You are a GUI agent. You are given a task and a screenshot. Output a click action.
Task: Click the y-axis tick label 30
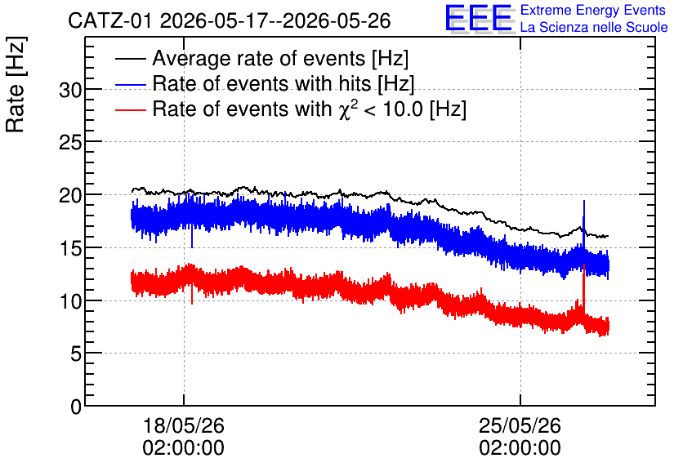tap(70, 91)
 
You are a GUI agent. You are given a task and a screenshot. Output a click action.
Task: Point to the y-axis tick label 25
tap(70, 143)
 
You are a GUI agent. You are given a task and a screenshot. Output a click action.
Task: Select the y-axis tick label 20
tap(70, 196)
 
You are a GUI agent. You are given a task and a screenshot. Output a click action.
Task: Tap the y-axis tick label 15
tap(70, 248)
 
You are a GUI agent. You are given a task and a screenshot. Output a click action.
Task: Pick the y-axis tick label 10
tap(70, 301)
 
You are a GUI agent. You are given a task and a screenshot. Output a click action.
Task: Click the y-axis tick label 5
tap(76, 354)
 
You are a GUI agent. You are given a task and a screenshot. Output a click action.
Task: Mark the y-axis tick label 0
tap(76, 407)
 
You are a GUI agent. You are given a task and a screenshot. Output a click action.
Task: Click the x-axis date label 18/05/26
tap(183, 425)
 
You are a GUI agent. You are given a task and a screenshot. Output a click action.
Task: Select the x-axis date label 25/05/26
tap(520, 425)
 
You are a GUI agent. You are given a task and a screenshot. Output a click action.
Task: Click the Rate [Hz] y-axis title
tap(16, 84)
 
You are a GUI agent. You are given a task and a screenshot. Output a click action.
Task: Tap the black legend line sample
tap(130, 58)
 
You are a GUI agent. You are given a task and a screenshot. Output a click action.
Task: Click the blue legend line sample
tap(130, 84)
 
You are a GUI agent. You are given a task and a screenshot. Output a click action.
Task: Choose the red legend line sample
tap(130, 109)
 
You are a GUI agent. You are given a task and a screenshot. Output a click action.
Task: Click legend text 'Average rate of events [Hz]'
tap(280, 58)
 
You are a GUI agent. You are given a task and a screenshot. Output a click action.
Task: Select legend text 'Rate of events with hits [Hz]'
tap(283, 83)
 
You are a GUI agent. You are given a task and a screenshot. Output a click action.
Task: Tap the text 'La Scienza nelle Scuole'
tap(594, 27)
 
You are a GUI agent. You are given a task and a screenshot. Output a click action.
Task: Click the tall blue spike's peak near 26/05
tap(583, 201)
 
